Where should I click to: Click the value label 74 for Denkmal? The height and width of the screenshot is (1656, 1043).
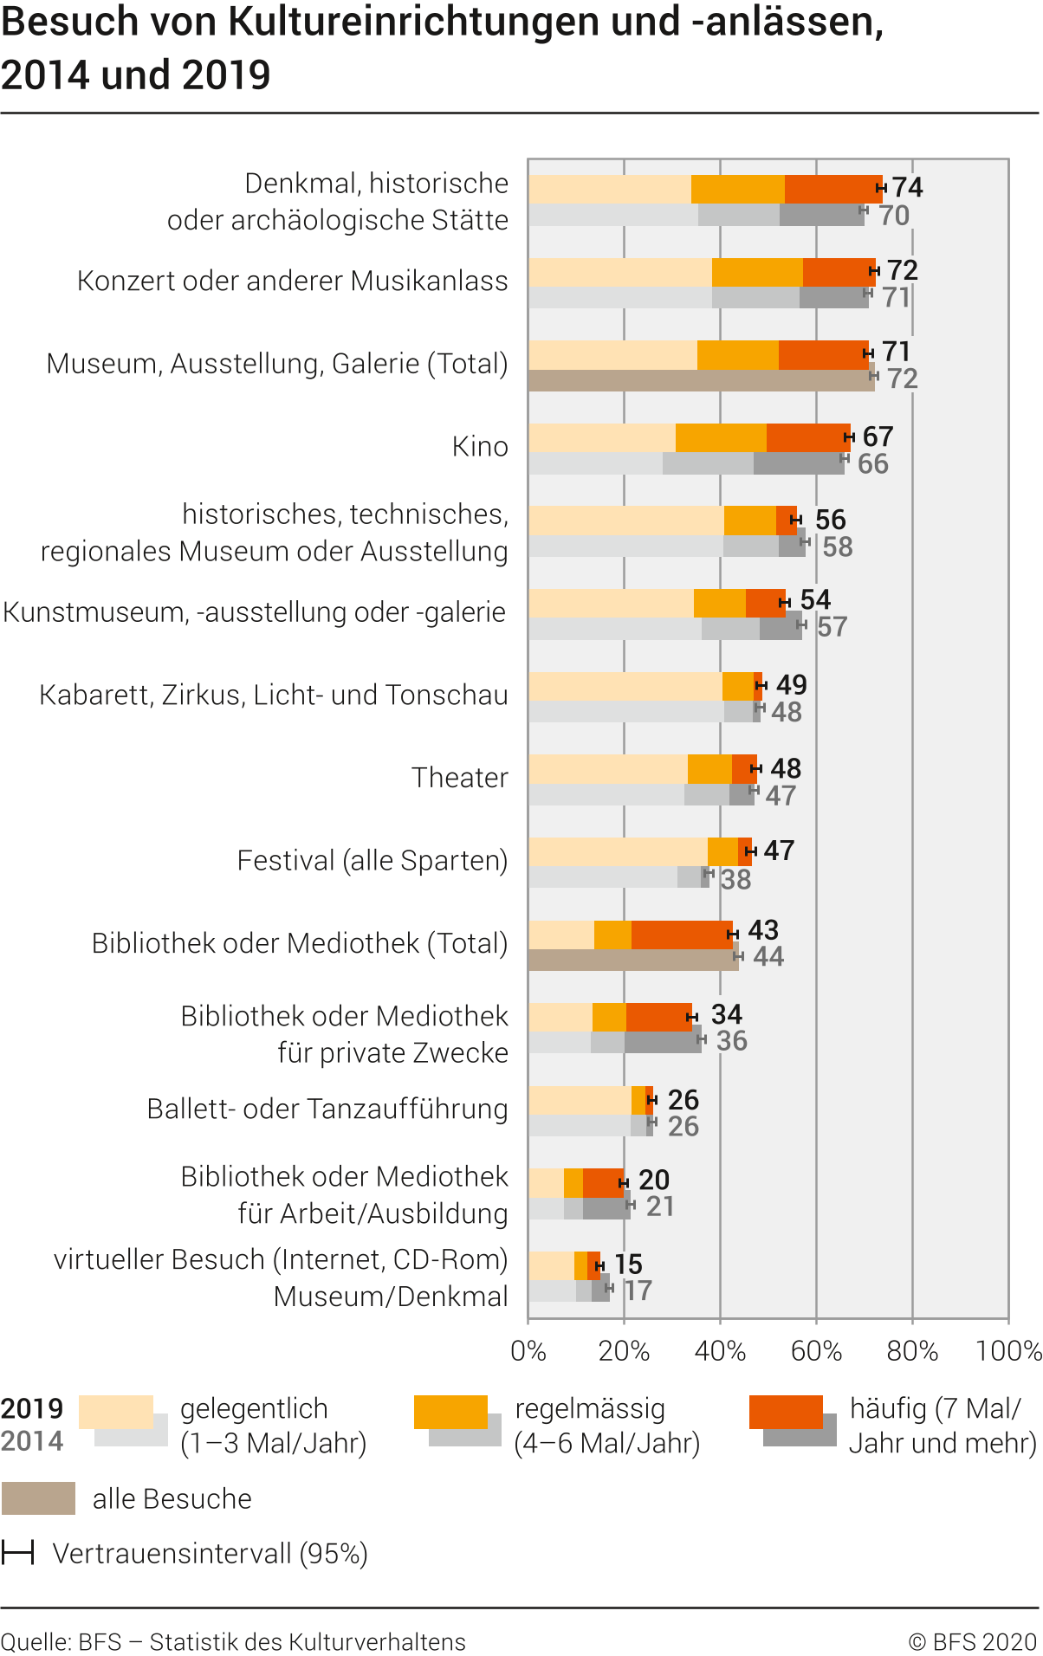[x=907, y=187]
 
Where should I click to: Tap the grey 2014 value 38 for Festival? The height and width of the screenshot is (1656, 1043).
[x=735, y=880]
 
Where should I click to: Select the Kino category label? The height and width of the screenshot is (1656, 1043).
[x=479, y=446]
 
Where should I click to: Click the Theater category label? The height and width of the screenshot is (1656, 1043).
[x=459, y=778]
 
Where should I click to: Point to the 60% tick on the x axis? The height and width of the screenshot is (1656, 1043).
[x=816, y=1350]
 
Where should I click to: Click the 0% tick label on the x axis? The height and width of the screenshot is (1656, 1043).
[x=528, y=1350]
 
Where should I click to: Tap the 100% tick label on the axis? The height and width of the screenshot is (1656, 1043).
[x=1008, y=1350]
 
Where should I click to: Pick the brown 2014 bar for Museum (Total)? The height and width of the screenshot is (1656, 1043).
[x=700, y=381]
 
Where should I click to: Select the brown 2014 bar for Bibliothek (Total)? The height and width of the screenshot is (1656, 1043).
[x=632, y=960]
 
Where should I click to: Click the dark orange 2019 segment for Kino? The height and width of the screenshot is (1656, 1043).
[x=807, y=437]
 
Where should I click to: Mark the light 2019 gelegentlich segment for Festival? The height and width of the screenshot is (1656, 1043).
[x=618, y=851]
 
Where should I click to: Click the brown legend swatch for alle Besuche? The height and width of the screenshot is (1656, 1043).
[x=38, y=1498]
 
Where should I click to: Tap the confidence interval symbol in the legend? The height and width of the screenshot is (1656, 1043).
[x=17, y=1553]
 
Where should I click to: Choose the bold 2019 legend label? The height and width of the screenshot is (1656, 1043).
[x=32, y=1408]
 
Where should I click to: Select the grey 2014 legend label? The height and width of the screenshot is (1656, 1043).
[x=32, y=1441]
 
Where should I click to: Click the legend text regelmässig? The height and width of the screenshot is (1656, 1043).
[x=589, y=1408]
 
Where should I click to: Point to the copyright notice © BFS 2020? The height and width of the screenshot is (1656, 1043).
[x=972, y=1641]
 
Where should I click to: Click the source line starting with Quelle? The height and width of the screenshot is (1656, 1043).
[x=233, y=1641]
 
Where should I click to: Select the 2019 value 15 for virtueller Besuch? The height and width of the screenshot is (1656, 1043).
[x=628, y=1265]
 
